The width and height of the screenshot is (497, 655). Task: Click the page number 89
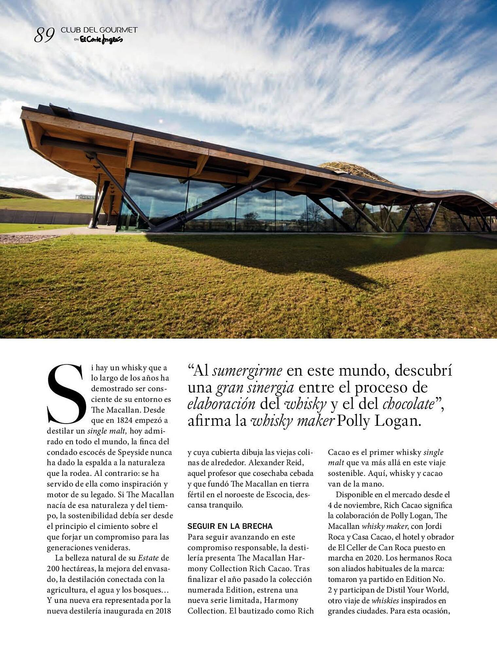44,35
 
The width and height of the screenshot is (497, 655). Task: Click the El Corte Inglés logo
101,40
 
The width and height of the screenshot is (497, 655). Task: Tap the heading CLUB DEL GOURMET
99,30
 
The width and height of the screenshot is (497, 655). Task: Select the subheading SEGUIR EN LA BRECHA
230,526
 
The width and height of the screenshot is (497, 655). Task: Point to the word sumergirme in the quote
247,371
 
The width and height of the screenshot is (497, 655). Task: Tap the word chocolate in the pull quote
408,404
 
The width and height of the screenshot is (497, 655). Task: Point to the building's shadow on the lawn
294,259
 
